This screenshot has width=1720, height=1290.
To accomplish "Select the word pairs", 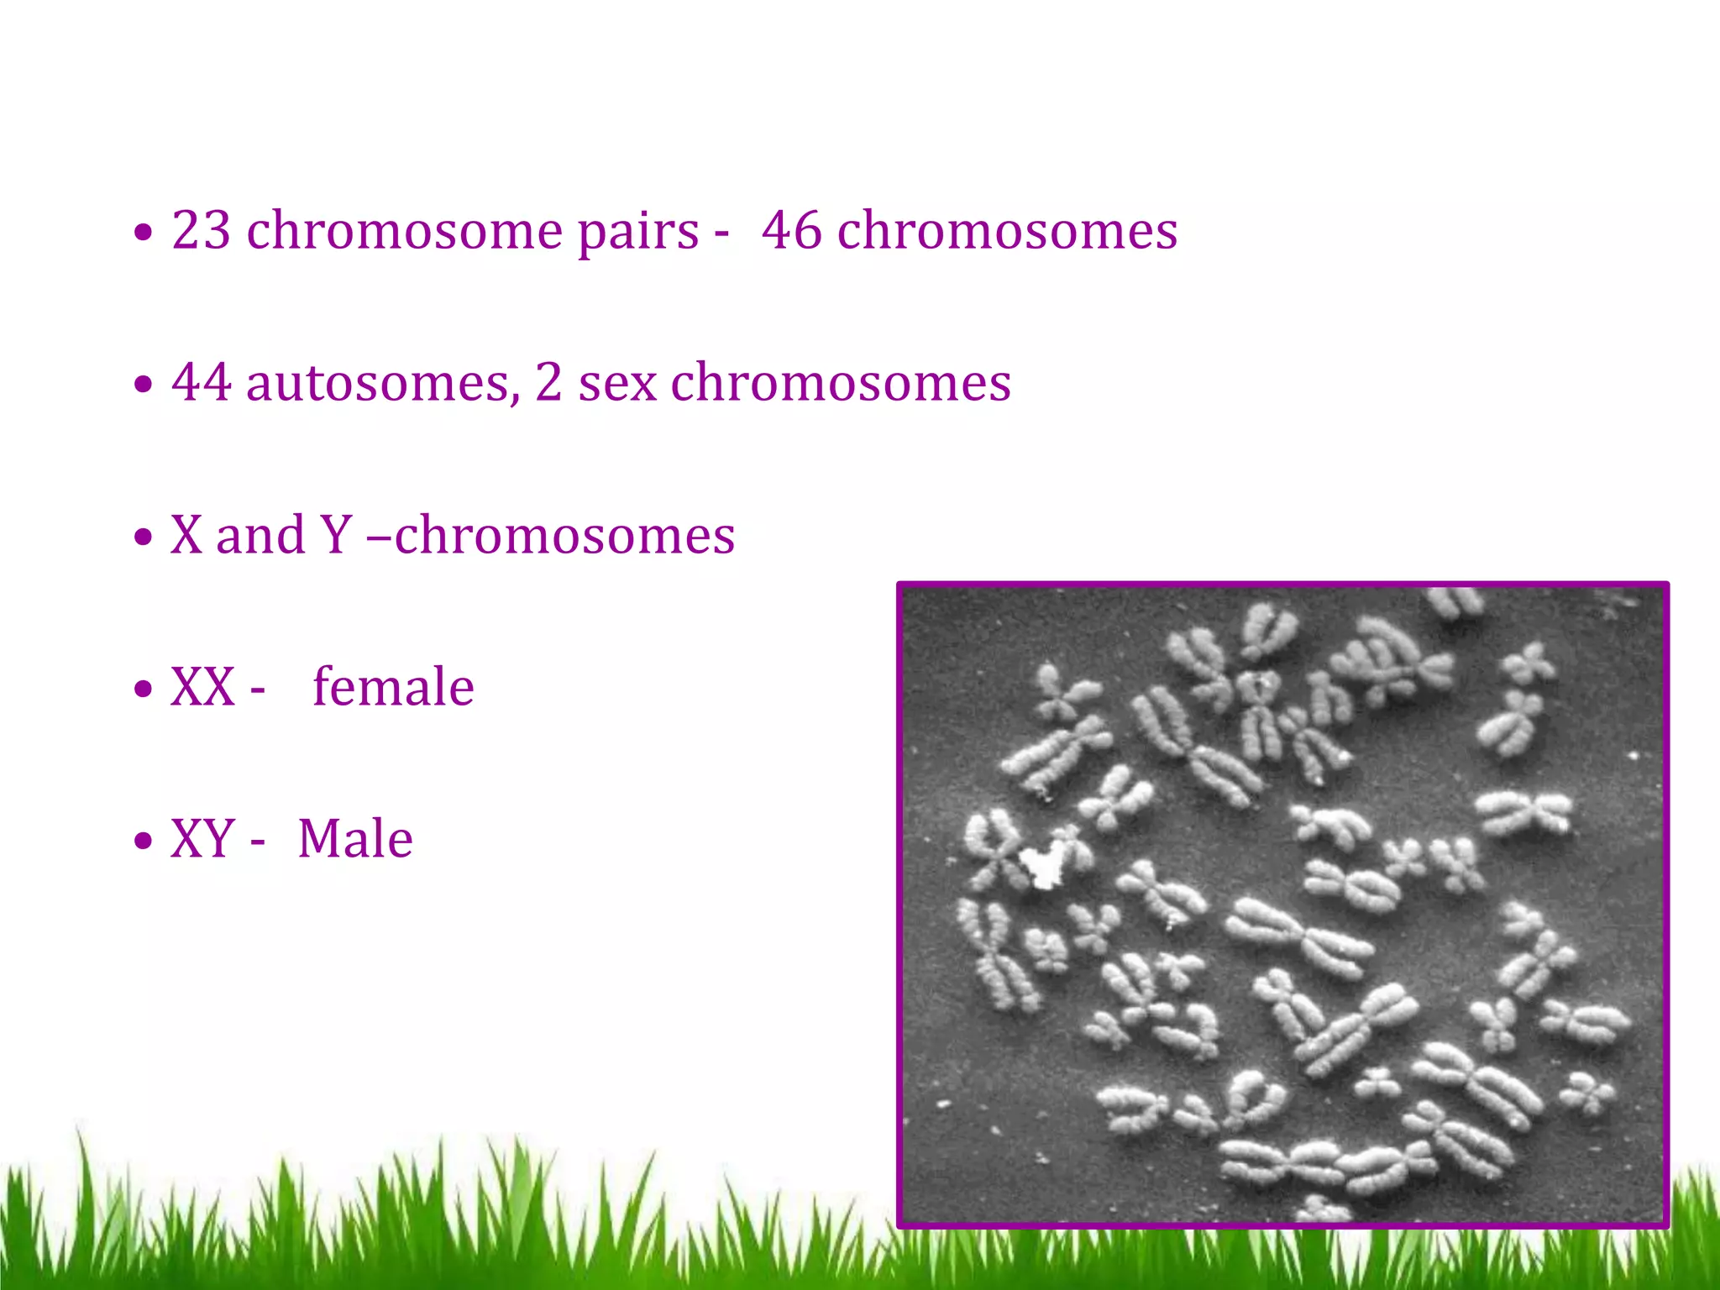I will [x=638, y=231].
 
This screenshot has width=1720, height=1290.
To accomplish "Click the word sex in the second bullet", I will [x=617, y=384].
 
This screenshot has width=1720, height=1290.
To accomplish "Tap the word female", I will [x=393, y=686].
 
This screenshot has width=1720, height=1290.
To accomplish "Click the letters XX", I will [x=202, y=687].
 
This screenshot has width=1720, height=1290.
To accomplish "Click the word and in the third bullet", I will [x=260, y=535].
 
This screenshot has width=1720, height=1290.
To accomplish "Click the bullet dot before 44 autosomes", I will [x=144, y=385].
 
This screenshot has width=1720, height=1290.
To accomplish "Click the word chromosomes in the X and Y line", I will [x=564, y=535].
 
